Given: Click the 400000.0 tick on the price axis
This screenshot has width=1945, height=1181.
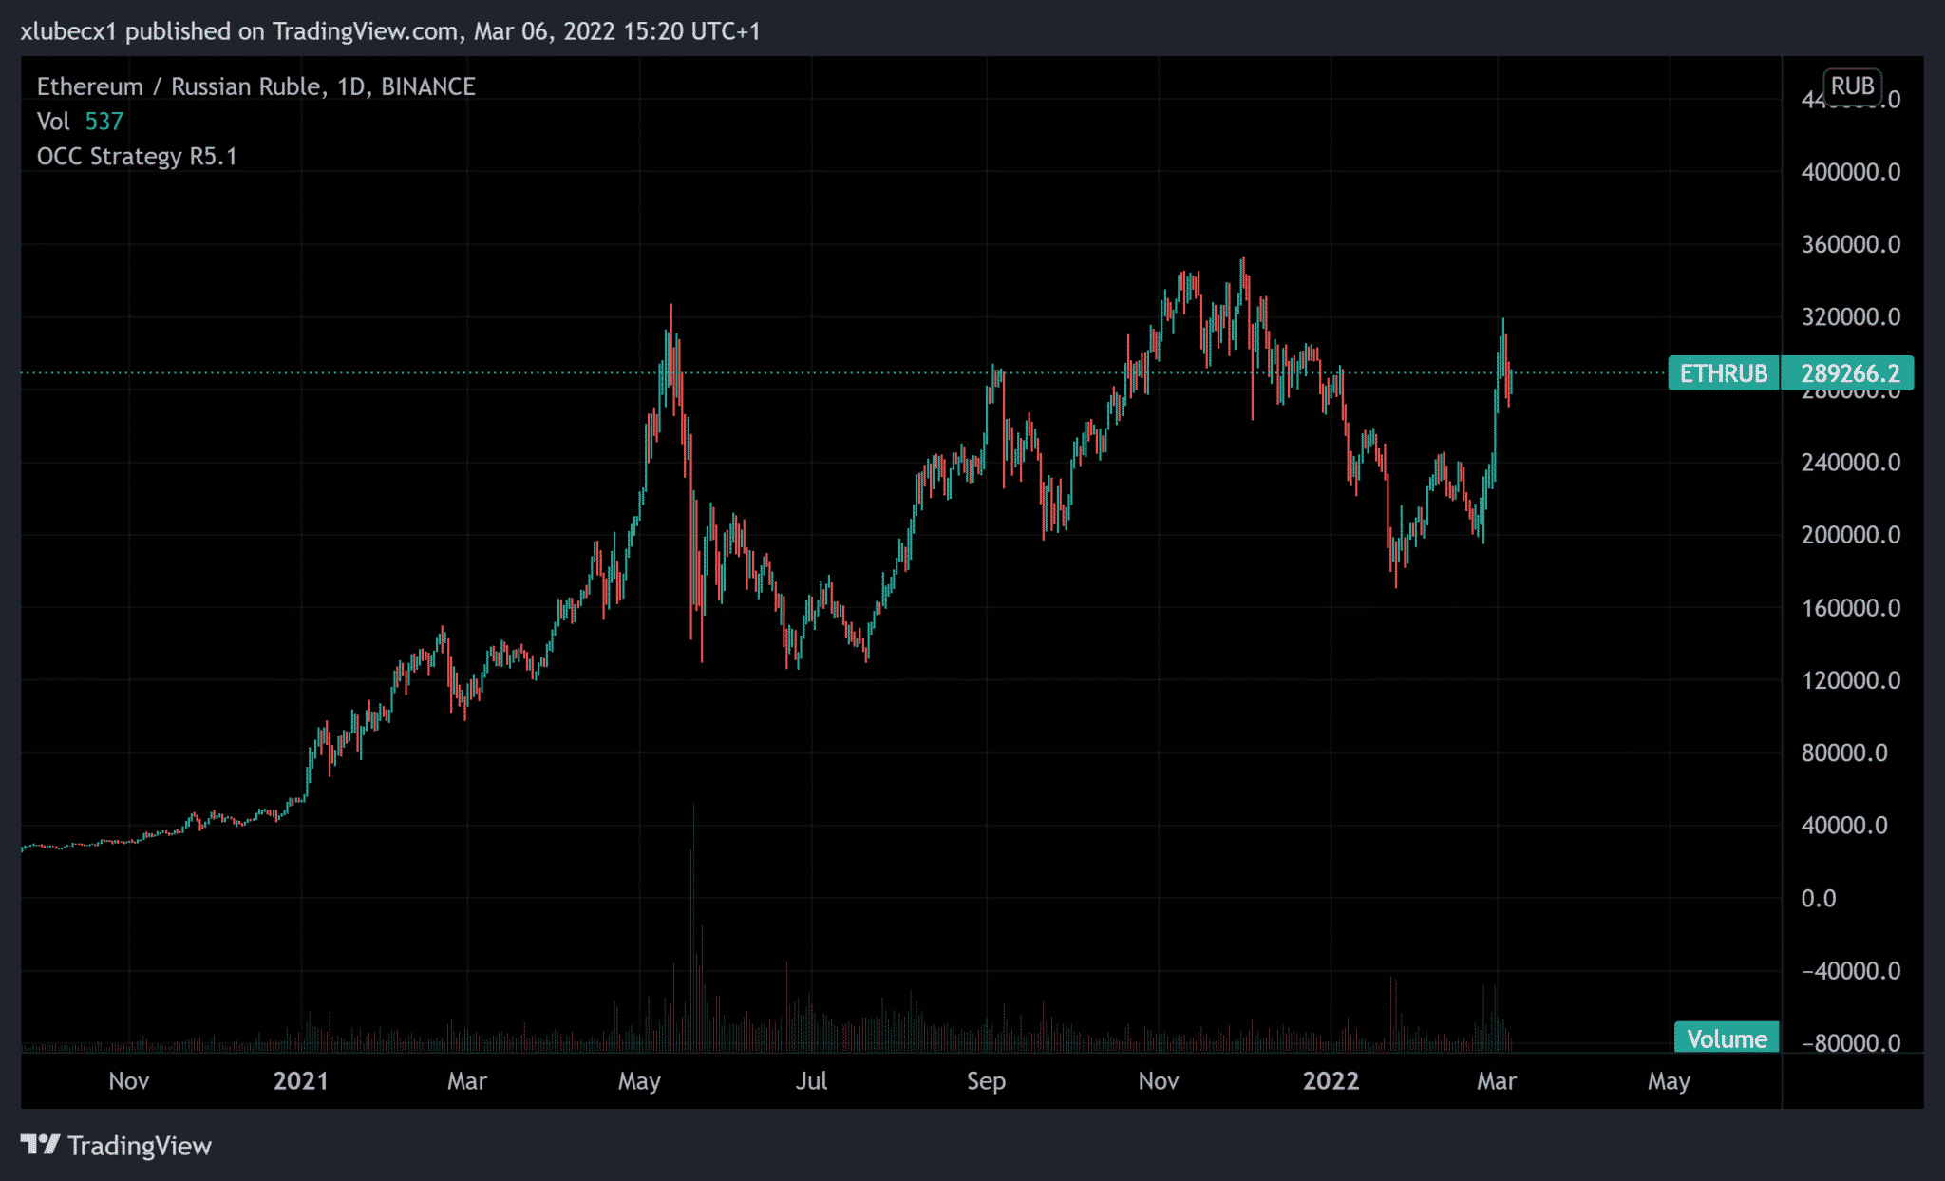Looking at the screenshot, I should click(x=1850, y=172).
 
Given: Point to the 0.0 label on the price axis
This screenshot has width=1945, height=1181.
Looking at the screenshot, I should click(x=1818, y=898).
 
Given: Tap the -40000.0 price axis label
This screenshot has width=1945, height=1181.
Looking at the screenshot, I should click(x=1850, y=970).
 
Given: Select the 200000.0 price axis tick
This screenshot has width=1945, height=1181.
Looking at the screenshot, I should click(x=1850, y=535).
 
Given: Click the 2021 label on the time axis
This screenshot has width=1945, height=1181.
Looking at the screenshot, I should click(x=300, y=1081).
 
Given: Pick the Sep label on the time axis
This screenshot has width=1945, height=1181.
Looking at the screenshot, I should click(x=986, y=1081).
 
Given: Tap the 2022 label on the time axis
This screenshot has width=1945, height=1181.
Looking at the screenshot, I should click(x=1331, y=1081).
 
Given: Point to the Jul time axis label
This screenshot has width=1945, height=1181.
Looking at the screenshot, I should click(x=811, y=1081).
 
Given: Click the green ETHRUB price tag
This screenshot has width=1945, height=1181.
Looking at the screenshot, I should click(x=1724, y=373).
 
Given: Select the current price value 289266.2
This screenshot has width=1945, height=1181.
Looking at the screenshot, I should click(x=1849, y=373).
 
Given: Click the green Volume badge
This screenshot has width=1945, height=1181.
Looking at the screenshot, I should click(x=1727, y=1038).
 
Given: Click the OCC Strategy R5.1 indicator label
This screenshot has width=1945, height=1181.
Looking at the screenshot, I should click(x=137, y=157).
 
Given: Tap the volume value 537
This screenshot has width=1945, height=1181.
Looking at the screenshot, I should click(x=104, y=122).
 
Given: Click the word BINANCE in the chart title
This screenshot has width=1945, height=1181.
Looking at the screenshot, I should click(x=427, y=86).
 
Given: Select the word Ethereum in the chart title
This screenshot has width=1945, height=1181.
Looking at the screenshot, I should click(x=89, y=86).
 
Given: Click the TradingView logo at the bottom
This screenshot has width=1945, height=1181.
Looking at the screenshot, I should click(x=116, y=1146).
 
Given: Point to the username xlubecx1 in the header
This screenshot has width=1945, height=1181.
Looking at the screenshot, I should click(x=68, y=31).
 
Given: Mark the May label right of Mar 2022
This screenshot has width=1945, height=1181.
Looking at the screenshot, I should click(x=1669, y=1081).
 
